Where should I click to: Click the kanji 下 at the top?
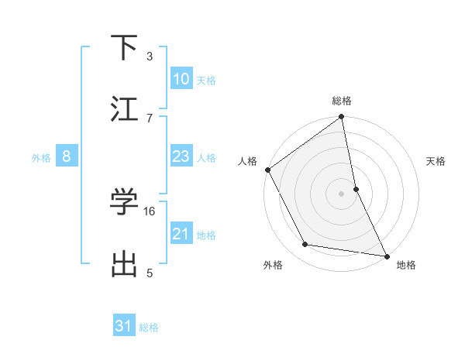click(x=125, y=49)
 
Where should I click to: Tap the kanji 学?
click(x=125, y=203)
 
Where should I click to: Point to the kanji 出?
click(x=125, y=264)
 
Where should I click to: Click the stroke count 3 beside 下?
click(x=150, y=56)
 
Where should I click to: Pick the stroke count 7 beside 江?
click(x=150, y=118)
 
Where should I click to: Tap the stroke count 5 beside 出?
click(x=150, y=273)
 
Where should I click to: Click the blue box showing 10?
click(x=181, y=79)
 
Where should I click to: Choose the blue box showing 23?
click(x=181, y=156)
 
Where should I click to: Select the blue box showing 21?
click(x=181, y=234)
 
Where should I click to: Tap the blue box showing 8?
click(x=67, y=156)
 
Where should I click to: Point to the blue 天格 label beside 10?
click(x=206, y=81)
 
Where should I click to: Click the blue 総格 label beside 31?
click(x=149, y=328)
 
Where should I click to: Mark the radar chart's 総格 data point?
click(x=341, y=118)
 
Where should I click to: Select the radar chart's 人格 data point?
click(x=267, y=170)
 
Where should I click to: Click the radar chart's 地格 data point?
click(x=386, y=255)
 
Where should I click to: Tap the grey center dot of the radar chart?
click(x=341, y=194)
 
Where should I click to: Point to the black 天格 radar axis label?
click(x=436, y=161)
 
